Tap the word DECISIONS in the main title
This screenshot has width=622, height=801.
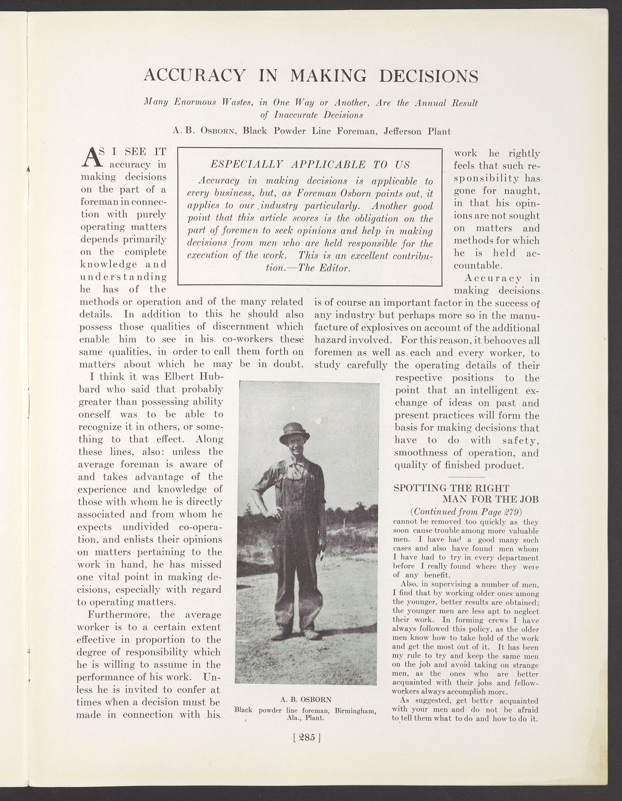coord(429,76)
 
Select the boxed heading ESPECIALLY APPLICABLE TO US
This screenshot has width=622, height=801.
coord(310,165)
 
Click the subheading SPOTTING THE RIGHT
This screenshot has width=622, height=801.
coord(452,488)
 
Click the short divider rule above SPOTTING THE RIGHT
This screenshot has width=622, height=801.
coord(465,476)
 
